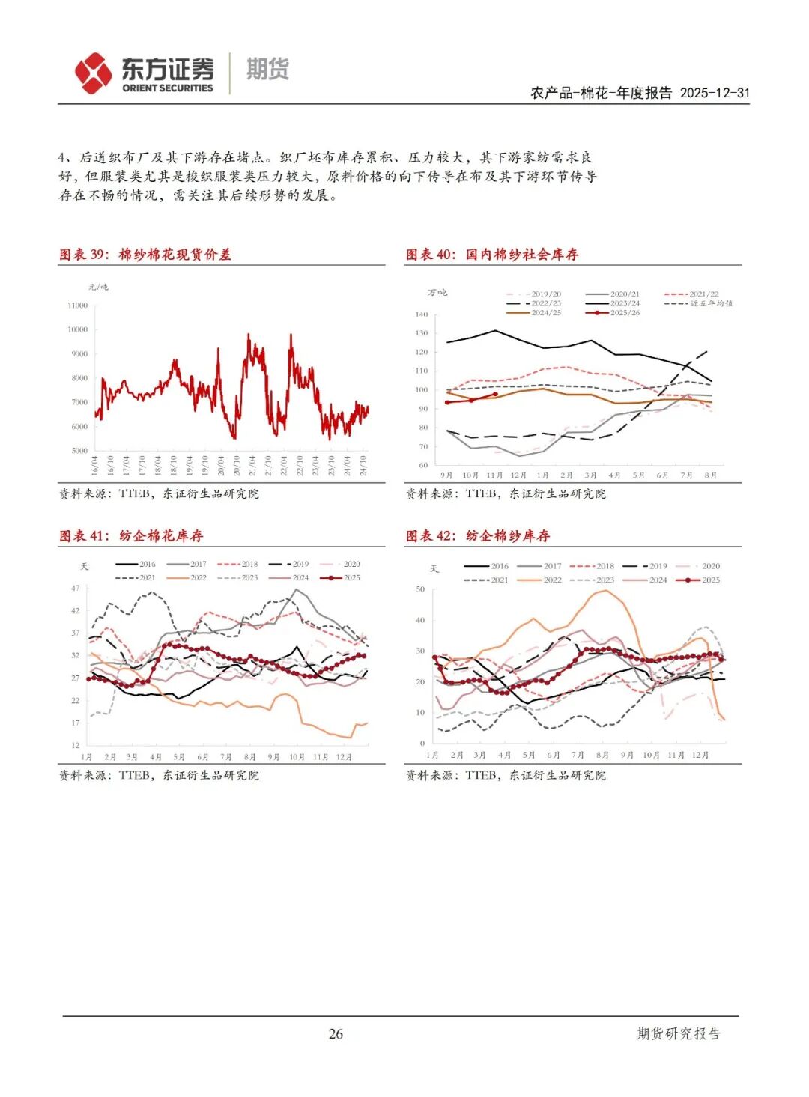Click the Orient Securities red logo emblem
click(93, 73)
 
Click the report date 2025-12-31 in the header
click(715, 93)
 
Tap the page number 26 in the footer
click(336, 1034)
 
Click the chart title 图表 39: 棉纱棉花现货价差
click(145, 255)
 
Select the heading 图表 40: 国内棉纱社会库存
click(492, 255)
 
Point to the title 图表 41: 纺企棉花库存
click(131, 536)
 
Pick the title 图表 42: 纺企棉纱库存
click(478, 536)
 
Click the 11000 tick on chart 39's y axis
click(78, 306)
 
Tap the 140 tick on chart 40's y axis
click(421, 314)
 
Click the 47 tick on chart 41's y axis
click(75, 589)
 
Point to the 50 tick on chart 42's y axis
click(420, 589)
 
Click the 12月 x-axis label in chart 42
click(700, 755)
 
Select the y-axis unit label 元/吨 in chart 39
click(98, 287)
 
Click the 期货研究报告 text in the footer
click(678, 1034)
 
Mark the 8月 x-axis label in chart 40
click(710, 475)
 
